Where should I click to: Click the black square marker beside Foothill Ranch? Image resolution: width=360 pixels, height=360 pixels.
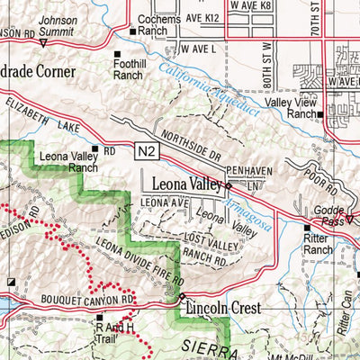[117, 54]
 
